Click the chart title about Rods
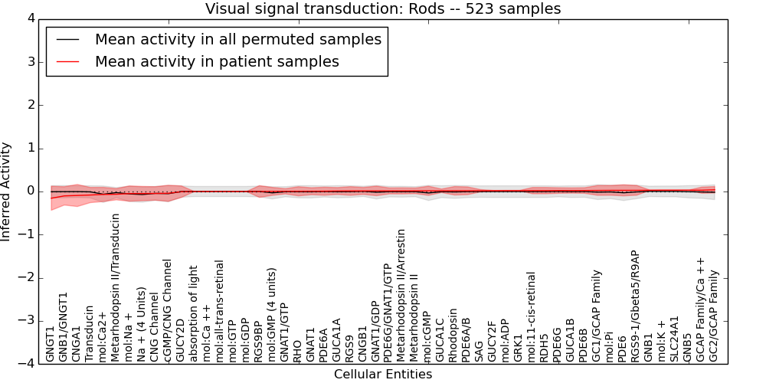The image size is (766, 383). (x=383, y=8)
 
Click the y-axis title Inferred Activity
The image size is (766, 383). (x=5, y=191)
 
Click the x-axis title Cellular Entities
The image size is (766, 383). (x=383, y=375)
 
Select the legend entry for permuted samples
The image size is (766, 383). (x=238, y=39)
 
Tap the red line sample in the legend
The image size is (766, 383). (x=67, y=61)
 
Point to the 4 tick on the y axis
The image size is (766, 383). (x=31, y=19)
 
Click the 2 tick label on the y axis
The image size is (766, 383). (x=31, y=105)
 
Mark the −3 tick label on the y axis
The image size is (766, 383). (x=28, y=321)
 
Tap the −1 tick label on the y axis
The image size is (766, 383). (x=28, y=234)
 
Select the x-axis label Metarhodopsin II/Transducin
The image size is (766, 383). (x=115, y=288)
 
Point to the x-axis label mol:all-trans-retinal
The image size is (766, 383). (x=218, y=311)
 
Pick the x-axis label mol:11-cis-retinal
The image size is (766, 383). (x=530, y=317)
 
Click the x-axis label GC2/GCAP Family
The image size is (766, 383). (x=712, y=316)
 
